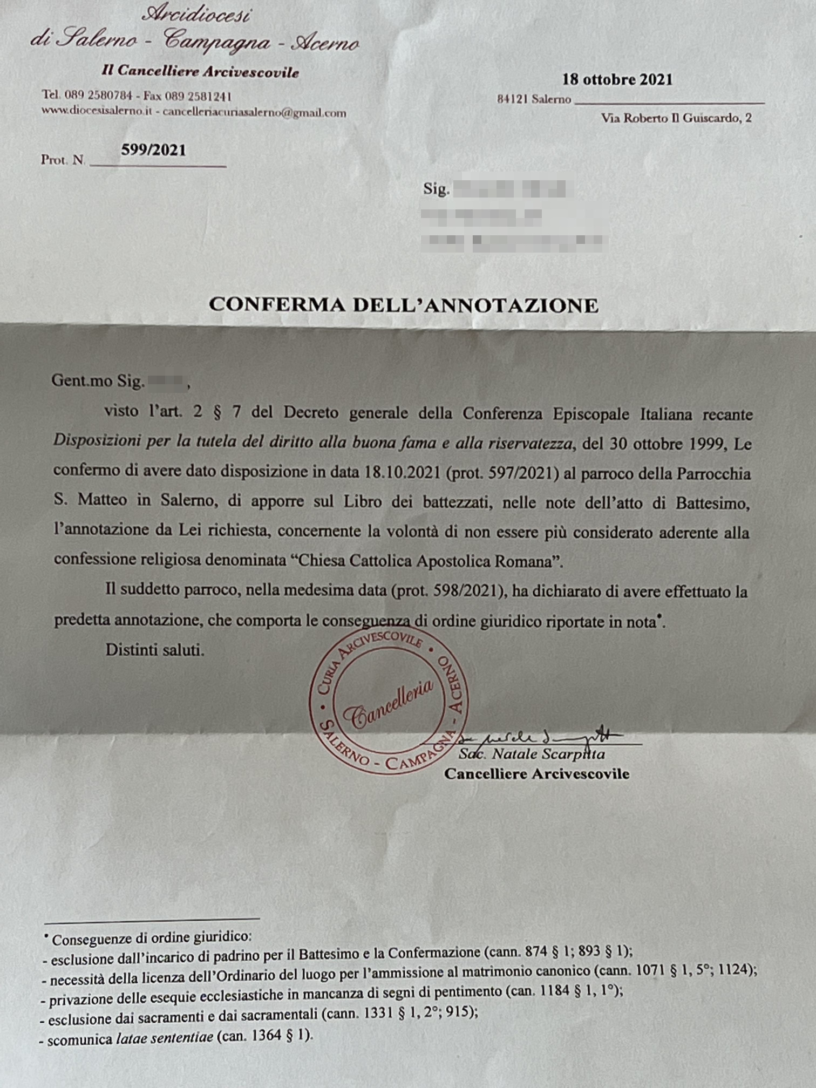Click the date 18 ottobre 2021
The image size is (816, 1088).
click(x=617, y=80)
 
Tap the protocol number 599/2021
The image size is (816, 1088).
click(x=153, y=150)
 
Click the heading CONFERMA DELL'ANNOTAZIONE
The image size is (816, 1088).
click(x=404, y=305)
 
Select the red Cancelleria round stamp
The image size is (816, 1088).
click(x=388, y=701)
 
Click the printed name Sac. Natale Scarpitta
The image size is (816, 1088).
click(x=532, y=754)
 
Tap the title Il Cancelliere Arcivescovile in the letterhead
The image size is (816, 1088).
click(x=200, y=71)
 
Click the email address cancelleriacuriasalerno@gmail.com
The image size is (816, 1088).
click(x=254, y=113)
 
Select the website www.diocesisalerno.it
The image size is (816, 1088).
click(x=97, y=111)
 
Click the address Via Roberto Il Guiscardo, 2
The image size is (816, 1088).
click(x=676, y=118)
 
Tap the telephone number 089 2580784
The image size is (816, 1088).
click(x=98, y=96)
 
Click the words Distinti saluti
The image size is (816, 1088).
click(x=155, y=649)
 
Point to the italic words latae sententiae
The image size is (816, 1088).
click(x=165, y=1038)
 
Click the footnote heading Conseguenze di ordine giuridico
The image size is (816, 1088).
click(x=151, y=939)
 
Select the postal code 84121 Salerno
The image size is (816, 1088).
click(x=534, y=99)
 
